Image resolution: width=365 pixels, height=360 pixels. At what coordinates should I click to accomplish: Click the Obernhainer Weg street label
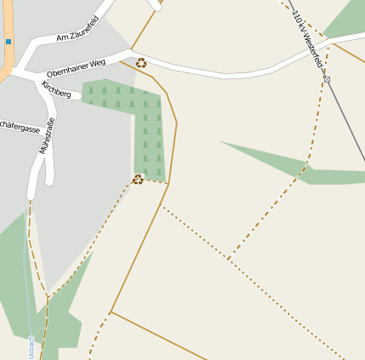(x=77, y=67)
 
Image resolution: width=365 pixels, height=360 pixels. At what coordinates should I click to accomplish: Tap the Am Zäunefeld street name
(x=77, y=29)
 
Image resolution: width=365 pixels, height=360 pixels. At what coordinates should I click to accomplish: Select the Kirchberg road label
(x=57, y=89)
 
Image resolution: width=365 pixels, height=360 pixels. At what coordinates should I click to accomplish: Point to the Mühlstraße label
(x=46, y=135)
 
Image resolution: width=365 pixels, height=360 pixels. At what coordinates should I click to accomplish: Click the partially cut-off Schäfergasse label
(x=20, y=128)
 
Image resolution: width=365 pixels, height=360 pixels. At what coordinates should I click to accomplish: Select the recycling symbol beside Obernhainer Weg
(x=141, y=62)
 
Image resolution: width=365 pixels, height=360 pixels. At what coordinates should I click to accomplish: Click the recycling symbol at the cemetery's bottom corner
(x=138, y=179)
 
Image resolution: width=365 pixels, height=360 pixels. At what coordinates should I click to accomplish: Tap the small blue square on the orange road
(x=9, y=41)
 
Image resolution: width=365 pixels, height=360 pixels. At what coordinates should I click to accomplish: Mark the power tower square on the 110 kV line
(x=327, y=79)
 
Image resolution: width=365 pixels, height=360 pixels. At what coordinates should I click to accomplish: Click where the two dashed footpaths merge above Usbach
(x=48, y=298)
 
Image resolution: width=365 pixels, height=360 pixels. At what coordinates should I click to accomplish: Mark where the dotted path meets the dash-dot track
(x=228, y=258)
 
